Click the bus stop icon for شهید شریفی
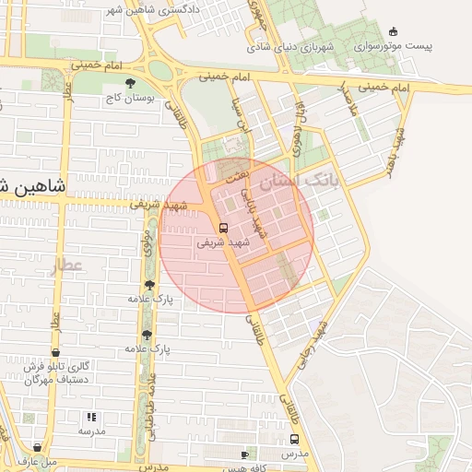pos(223,228)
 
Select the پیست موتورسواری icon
pos(394,31)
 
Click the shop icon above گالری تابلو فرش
pos(55,352)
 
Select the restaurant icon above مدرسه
pos(90,417)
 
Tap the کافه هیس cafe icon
pos(244,454)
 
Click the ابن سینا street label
pos(237,113)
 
